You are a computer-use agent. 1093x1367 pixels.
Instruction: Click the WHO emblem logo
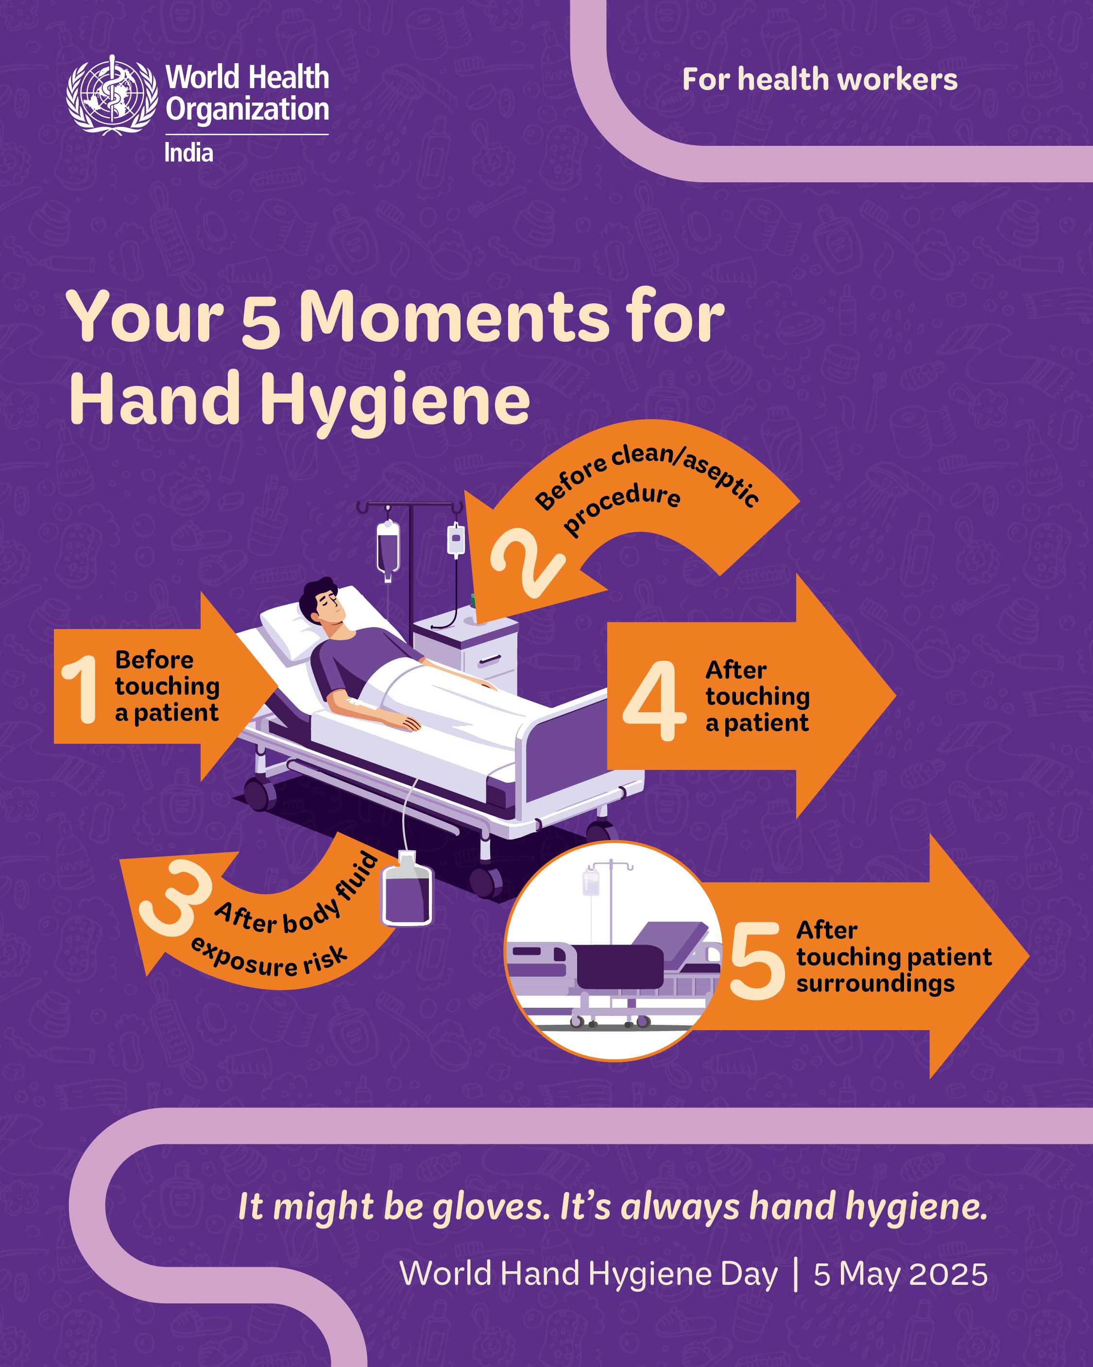(112, 95)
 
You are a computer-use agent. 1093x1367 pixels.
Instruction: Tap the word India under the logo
(189, 153)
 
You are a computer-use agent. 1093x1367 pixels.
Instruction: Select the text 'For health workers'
(820, 80)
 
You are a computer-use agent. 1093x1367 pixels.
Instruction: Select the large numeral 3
(174, 897)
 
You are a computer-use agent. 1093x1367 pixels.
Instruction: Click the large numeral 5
(757, 961)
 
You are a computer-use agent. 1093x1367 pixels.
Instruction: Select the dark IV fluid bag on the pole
(388, 548)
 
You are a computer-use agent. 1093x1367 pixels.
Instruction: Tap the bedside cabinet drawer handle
(489, 661)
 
